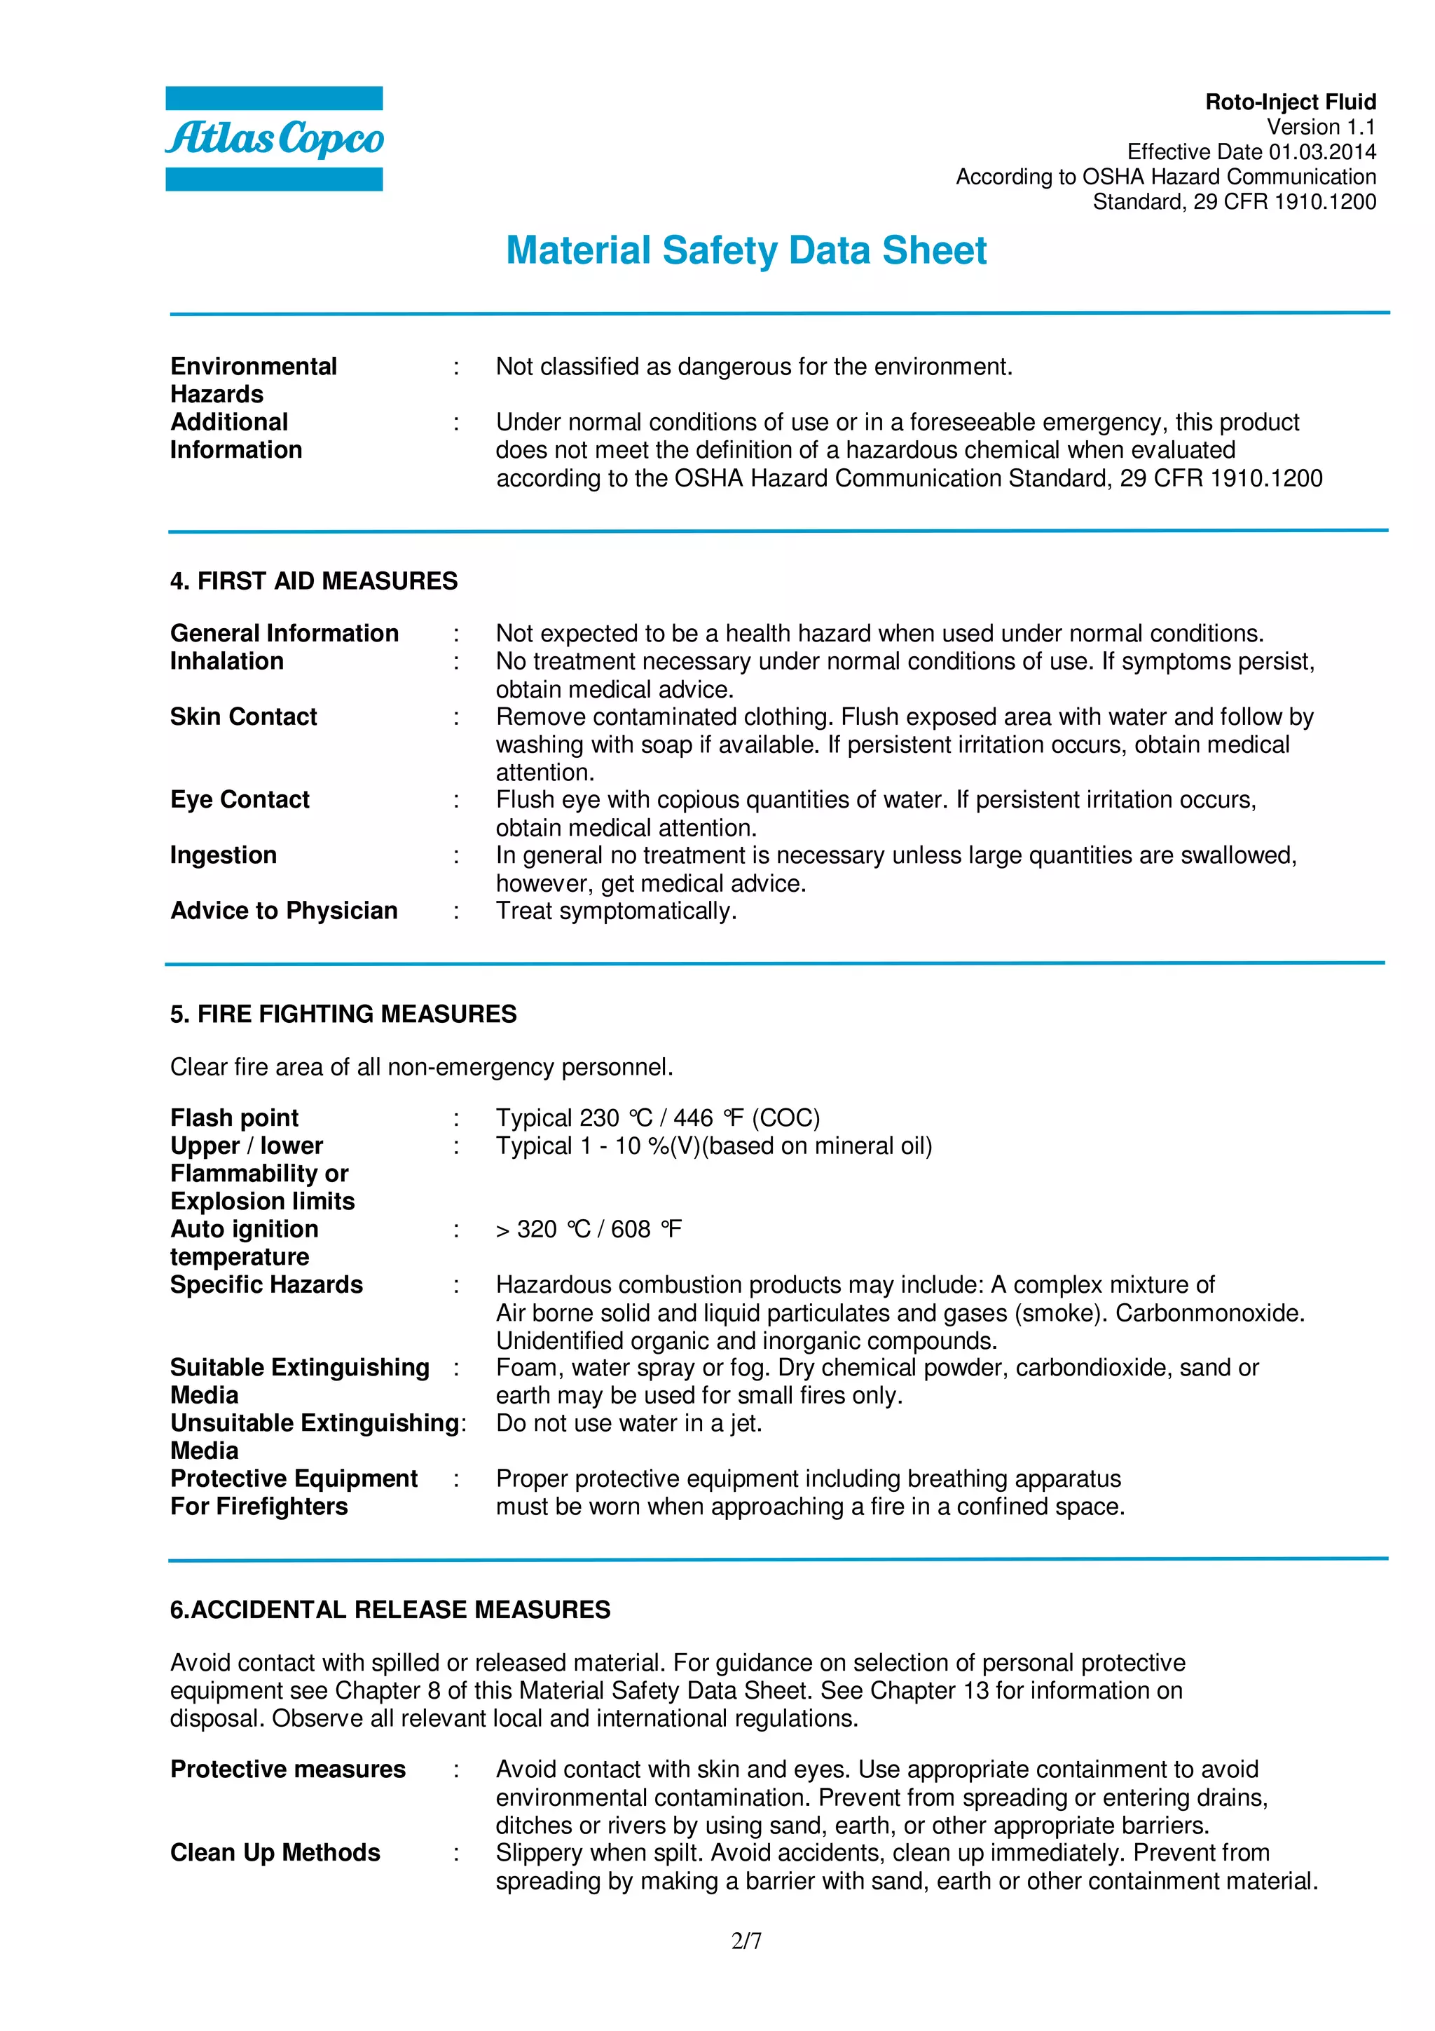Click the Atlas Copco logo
pyautogui.click(x=274, y=139)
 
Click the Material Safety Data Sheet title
pyautogui.click(x=746, y=250)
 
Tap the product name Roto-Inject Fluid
pyautogui.click(x=1290, y=102)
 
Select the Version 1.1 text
pyautogui.click(x=1321, y=128)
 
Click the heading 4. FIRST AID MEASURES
pyautogui.click(x=314, y=581)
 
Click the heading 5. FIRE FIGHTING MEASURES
pyautogui.click(x=343, y=1014)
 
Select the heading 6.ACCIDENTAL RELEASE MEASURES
pyautogui.click(x=390, y=1609)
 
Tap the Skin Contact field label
pyautogui.click(x=243, y=716)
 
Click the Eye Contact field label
pyautogui.click(x=240, y=800)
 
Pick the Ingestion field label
pyautogui.click(x=224, y=855)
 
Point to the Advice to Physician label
pyautogui.click(x=284, y=911)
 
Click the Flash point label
pyautogui.click(x=234, y=1118)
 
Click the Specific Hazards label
pyautogui.click(x=266, y=1284)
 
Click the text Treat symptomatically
pyautogui.click(x=617, y=911)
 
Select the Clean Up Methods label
pyautogui.click(x=275, y=1852)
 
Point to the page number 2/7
pyautogui.click(x=746, y=1941)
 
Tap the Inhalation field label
pyautogui.click(x=227, y=662)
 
